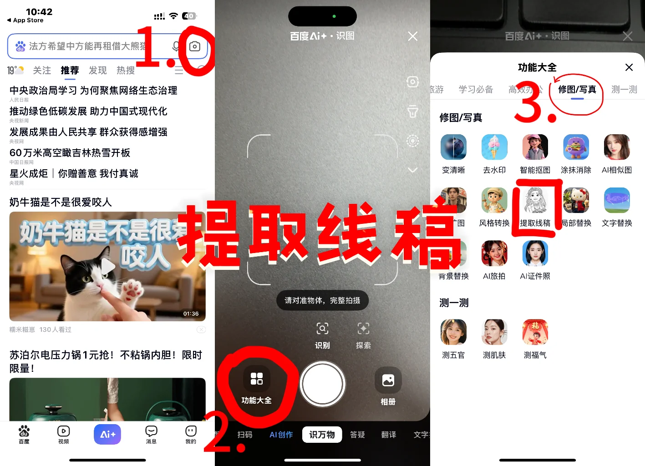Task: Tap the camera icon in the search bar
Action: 195,46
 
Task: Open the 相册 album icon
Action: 388,380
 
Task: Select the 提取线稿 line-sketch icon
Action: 535,201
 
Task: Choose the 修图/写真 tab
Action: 577,89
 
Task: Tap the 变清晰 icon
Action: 453,147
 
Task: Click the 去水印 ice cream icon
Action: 494,147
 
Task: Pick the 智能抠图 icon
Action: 535,147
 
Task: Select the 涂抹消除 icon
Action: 576,147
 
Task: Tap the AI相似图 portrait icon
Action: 617,147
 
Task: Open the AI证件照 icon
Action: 535,253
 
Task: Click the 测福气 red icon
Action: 535,332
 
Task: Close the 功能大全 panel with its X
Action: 629,67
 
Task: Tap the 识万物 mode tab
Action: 322,435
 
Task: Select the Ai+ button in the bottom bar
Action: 107,434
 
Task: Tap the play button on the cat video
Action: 108,267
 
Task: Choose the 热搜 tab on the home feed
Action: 126,70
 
